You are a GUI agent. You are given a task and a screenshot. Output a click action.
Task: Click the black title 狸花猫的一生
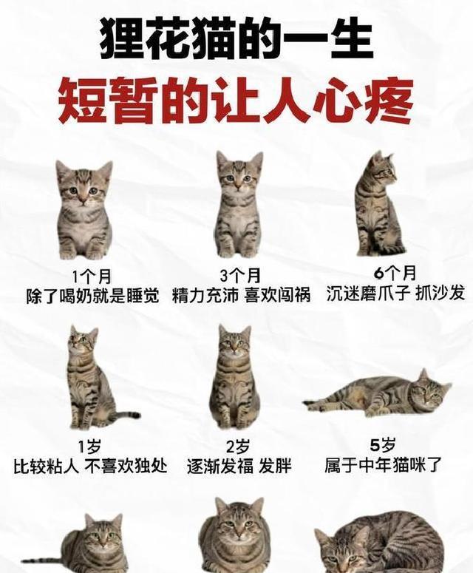(x=236, y=40)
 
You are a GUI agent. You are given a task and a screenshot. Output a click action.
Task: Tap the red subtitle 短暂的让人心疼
(x=236, y=100)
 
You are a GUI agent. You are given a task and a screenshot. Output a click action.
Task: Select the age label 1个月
(x=92, y=277)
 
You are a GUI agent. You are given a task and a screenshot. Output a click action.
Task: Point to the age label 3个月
(x=240, y=276)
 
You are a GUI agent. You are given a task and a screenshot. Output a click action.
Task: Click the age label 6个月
(x=395, y=273)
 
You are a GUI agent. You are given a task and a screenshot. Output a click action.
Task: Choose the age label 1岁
(x=89, y=447)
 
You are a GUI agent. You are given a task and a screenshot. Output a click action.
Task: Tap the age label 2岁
(x=238, y=447)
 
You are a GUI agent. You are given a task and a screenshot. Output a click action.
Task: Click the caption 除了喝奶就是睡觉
(x=93, y=296)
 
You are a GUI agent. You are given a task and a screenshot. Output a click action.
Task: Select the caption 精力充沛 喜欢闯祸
(x=241, y=295)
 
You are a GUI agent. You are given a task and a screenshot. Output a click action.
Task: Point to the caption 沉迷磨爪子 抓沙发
(x=395, y=293)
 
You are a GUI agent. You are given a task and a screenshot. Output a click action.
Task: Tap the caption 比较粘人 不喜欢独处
(x=90, y=466)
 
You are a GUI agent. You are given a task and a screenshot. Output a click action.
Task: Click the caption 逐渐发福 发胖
(x=239, y=467)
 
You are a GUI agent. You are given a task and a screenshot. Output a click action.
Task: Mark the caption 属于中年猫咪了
(x=383, y=465)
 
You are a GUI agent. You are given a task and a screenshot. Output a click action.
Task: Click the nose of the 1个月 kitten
(x=84, y=199)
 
